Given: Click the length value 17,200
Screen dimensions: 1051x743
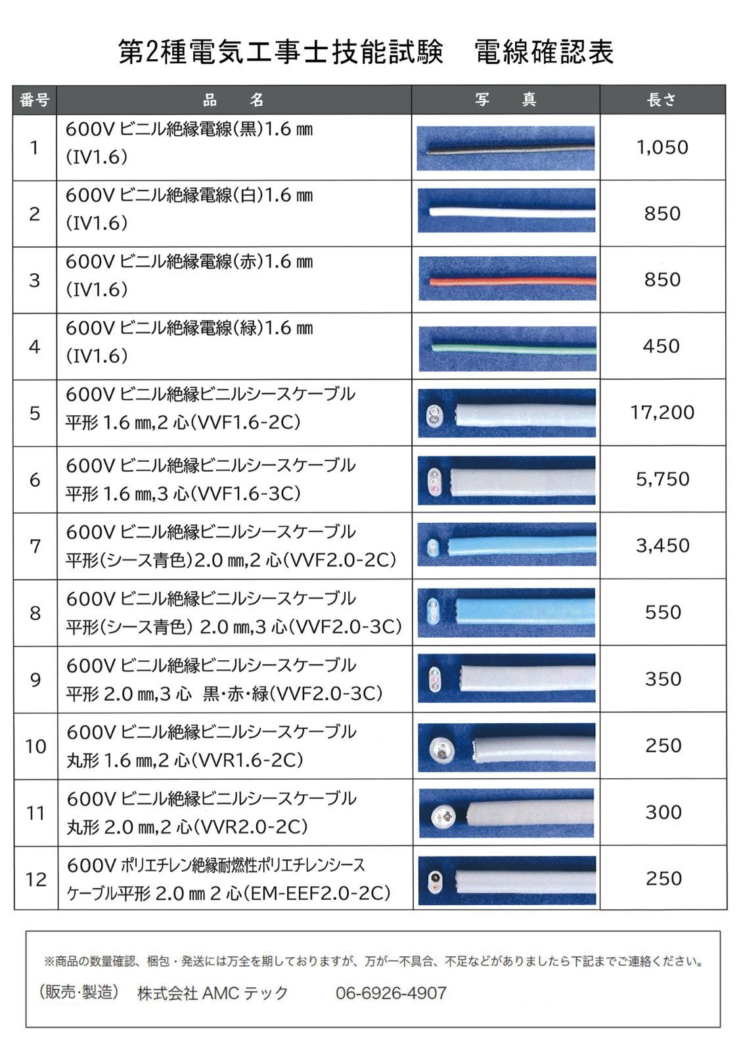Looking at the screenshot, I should [662, 413].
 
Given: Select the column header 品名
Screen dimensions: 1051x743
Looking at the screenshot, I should [233, 100].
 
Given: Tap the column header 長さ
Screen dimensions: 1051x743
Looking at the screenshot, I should [662, 100].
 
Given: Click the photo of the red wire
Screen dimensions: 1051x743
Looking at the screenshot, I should [507, 280].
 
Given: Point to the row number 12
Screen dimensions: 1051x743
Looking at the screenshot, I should [35, 879].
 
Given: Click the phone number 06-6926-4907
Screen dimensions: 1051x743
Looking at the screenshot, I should [391, 993].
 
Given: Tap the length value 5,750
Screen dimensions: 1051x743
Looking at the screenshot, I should [662, 479].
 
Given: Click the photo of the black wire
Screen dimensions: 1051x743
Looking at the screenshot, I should [507, 149].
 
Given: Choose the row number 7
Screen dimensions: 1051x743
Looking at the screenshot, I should [35, 546].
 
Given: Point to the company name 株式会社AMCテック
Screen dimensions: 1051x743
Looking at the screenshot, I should [213, 993].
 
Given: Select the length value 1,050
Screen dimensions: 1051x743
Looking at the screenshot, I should [662, 147].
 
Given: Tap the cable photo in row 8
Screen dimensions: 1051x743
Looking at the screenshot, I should [507, 613].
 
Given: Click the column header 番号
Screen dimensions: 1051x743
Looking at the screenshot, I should [35, 100].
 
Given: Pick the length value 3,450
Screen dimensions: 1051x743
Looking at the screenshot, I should [662, 545].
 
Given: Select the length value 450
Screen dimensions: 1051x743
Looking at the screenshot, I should [662, 346].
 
